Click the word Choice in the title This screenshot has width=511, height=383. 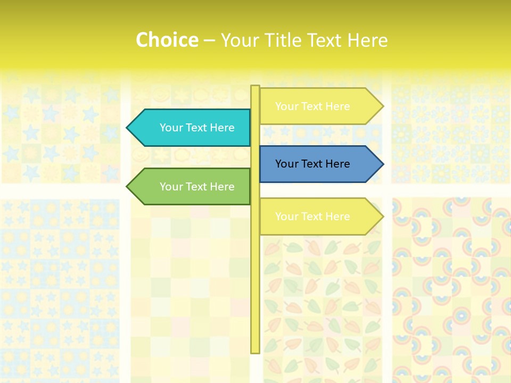(x=167, y=40)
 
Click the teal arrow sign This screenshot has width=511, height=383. (x=192, y=128)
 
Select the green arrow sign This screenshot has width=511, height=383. (x=192, y=187)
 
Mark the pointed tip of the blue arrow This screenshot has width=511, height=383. (x=382, y=164)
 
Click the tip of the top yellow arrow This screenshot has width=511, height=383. (x=382, y=106)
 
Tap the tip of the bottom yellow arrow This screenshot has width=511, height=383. (x=382, y=217)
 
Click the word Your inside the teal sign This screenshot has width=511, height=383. (x=171, y=128)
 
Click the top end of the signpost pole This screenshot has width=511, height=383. (x=255, y=87)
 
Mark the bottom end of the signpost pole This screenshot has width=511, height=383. (x=255, y=352)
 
